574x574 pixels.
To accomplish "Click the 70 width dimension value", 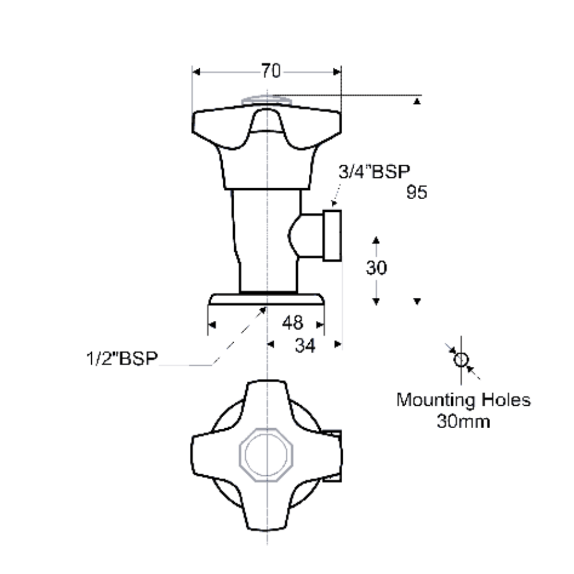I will [x=271, y=71].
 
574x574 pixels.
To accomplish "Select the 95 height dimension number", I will [x=417, y=192].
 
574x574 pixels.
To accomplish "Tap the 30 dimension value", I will [x=377, y=268].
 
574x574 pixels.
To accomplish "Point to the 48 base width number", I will [x=292, y=323].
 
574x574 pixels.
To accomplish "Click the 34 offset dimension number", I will [x=305, y=346].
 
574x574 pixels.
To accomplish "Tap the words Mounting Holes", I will [x=463, y=400].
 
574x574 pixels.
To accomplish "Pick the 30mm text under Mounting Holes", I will [x=463, y=422].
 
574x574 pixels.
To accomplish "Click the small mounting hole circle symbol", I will [x=460, y=360].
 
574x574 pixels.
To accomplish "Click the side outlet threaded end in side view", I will [x=333, y=235].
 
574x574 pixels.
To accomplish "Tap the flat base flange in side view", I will [x=266, y=300].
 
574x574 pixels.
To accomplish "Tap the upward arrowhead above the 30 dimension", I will [x=376, y=240].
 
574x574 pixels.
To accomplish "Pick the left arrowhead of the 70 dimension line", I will [x=196, y=72].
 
